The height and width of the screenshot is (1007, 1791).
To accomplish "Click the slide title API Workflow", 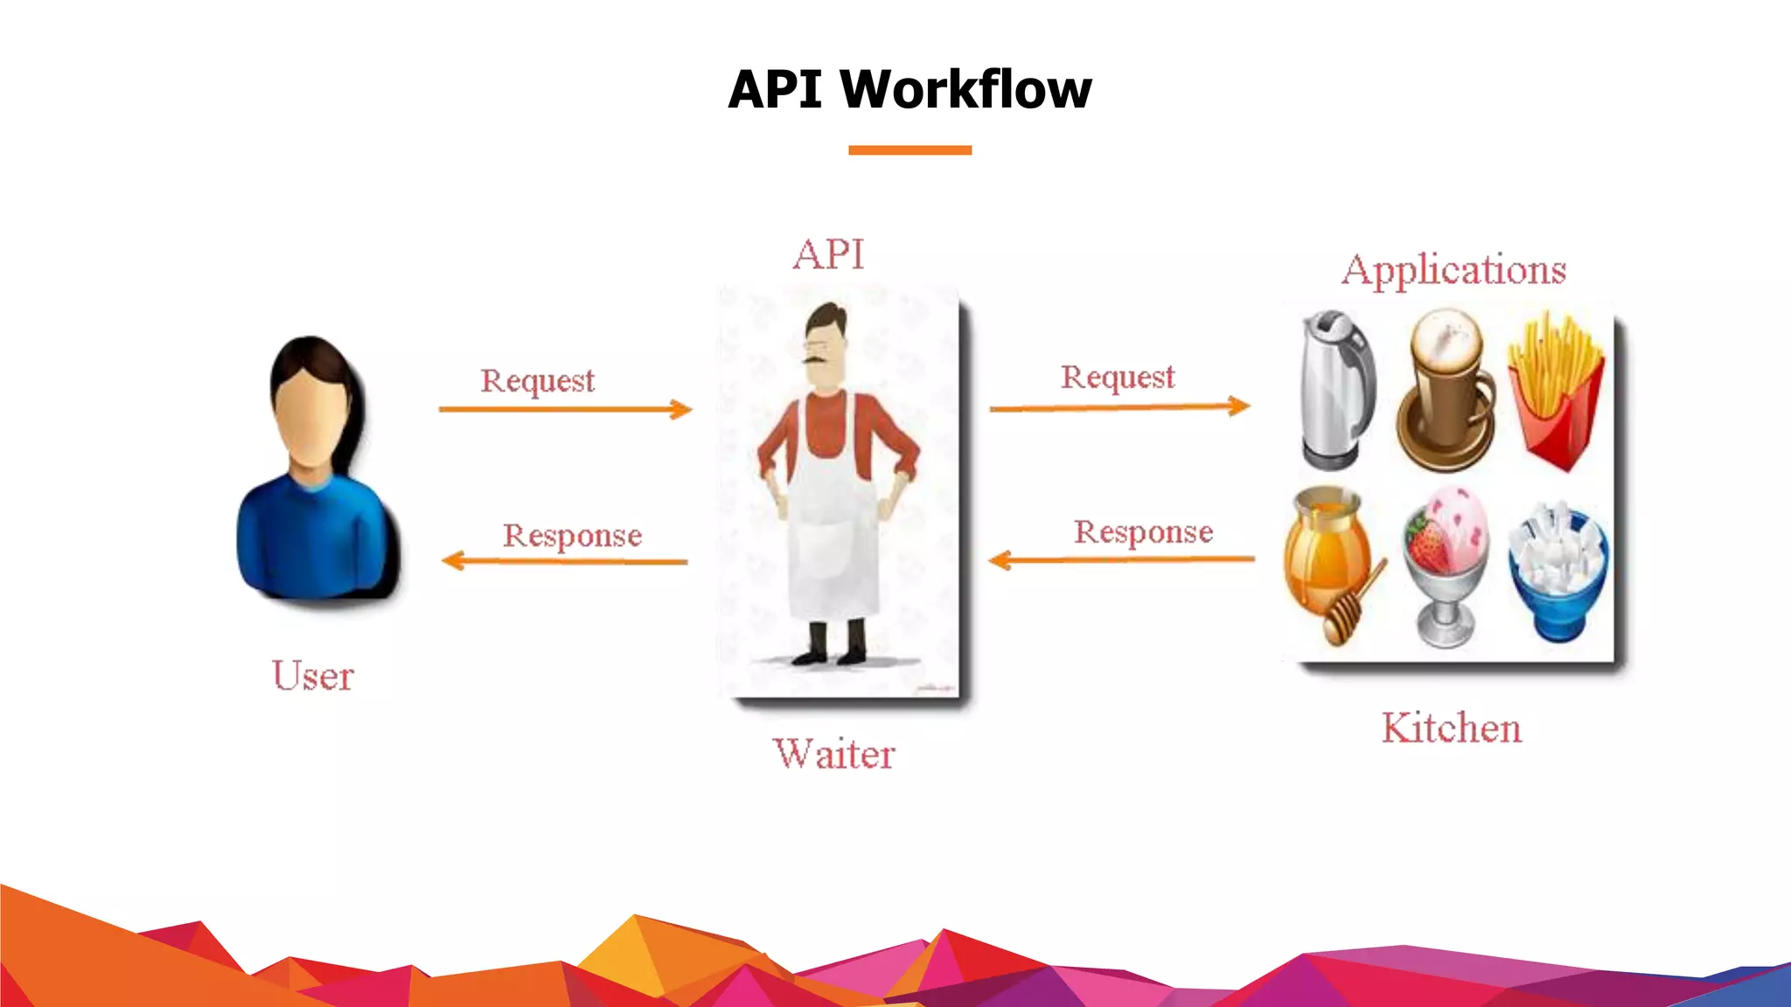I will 909,89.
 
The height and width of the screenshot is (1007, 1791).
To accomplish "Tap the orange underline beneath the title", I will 909,150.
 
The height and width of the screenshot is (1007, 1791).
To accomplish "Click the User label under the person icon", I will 312,676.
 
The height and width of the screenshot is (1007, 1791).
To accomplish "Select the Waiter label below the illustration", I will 833,754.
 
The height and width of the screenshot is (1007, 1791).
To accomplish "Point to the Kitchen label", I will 1451,728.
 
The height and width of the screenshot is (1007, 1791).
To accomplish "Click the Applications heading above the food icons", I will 1453,269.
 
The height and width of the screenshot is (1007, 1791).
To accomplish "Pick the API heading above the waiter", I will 828,255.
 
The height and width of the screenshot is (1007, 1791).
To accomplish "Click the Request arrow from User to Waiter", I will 565,409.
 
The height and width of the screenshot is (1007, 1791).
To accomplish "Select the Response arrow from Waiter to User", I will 565,561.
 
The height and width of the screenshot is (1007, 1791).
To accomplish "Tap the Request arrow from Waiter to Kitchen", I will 1119,406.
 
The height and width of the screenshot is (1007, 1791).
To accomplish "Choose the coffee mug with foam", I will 1447,391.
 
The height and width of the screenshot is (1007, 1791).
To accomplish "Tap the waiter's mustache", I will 817,358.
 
